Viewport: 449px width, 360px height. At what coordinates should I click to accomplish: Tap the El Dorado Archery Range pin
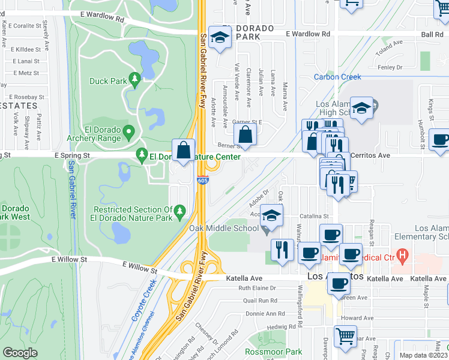click(128, 131)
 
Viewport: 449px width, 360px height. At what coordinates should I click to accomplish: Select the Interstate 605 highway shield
click(203, 180)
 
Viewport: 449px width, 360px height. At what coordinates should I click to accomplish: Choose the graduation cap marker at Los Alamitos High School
click(362, 108)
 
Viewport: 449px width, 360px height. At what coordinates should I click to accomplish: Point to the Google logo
click(20, 353)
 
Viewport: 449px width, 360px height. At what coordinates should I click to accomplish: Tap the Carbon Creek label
click(337, 77)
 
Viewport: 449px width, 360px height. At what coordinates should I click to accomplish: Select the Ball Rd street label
click(432, 35)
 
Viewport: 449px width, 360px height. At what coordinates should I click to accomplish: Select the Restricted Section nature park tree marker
click(179, 210)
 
